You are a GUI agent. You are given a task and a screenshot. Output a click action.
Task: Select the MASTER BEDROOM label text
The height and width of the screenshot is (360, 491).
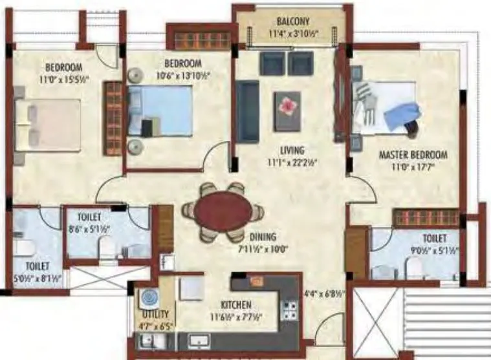412,155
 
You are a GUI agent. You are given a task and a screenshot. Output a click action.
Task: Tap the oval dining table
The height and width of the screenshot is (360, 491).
223,211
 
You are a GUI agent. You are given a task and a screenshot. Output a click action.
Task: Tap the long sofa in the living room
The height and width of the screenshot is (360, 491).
246,111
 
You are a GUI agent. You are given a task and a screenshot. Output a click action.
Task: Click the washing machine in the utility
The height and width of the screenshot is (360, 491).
149,299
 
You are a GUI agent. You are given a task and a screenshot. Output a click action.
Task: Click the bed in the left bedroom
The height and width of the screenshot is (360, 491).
49,125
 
